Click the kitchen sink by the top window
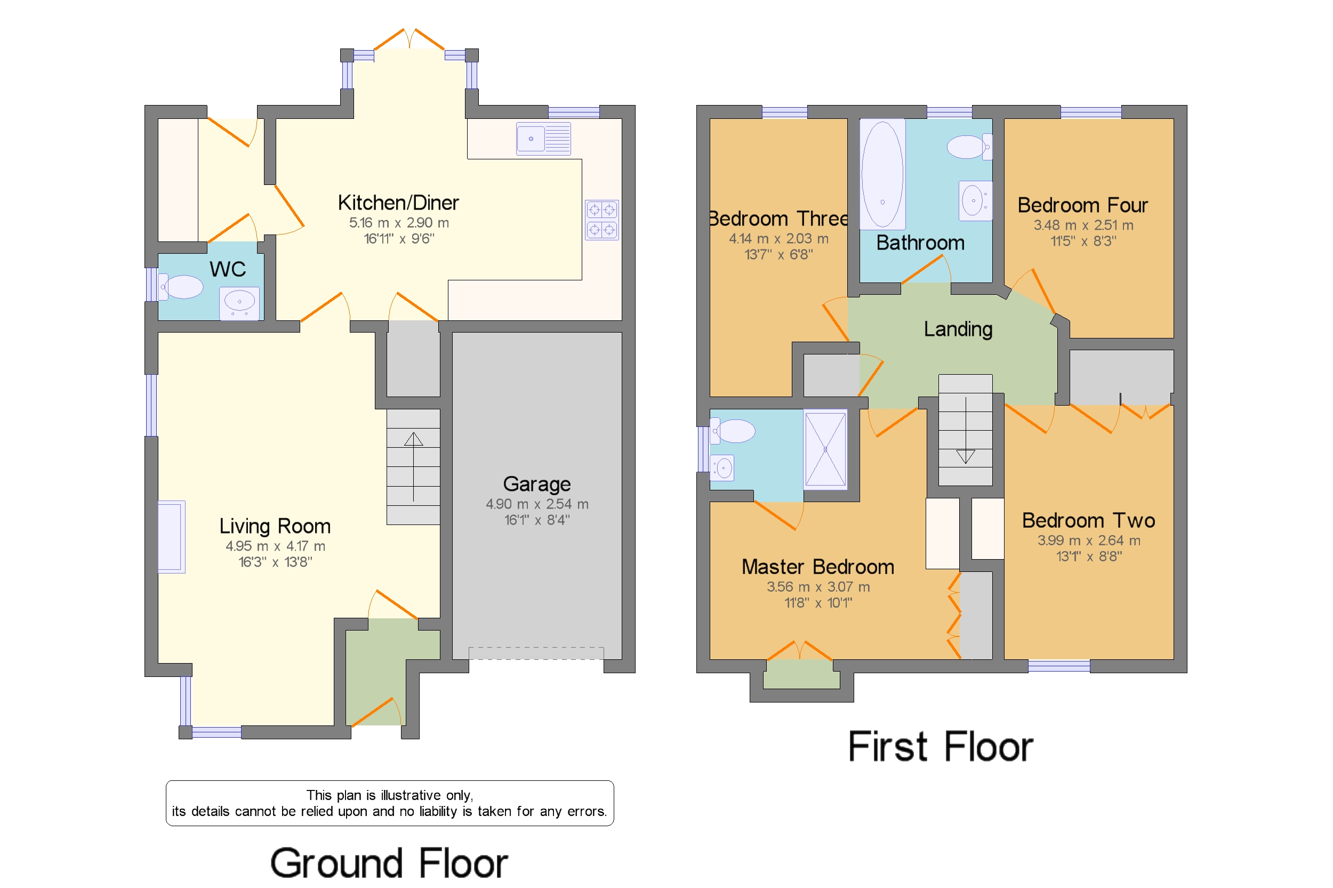point(543,139)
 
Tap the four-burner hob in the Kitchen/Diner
point(601,220)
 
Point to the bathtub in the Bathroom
point(882,174)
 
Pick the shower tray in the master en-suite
point(825,449)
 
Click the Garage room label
point(536,484)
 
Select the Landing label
point(958,329)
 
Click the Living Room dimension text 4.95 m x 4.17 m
point(275,546)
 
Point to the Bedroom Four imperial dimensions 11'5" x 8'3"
point(1083,241)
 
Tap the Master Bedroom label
point(818,567)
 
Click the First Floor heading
point(941,746)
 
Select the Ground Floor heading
point(389,863)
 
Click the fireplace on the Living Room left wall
point(171,537)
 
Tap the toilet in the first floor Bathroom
point(969,147)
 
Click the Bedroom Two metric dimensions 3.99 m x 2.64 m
point(1088,540)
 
